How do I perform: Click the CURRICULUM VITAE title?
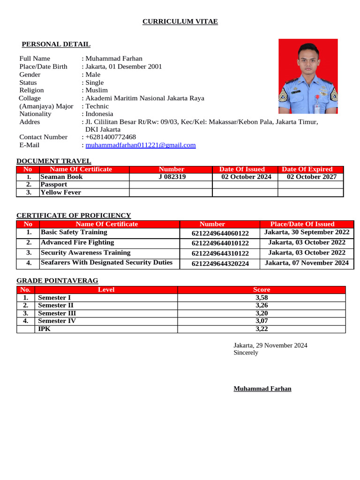point(180,22)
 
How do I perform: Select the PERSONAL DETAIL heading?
point(56,44)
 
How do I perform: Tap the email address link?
point(140,145)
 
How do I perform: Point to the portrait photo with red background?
point(308,76)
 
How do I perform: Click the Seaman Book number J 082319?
point(172,177)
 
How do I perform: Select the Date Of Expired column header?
point(307,169)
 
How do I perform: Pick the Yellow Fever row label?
point(60,192)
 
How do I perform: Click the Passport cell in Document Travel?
point(54,185)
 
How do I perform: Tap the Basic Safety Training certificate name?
point(74,232)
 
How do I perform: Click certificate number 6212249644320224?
point(220,263)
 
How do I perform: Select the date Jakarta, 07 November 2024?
point(307,263)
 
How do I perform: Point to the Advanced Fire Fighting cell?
point(77,242)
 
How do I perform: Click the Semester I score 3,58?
point(262,298)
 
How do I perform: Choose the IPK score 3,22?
point(262,329)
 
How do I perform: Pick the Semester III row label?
point(57,313)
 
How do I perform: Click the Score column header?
point(262,290)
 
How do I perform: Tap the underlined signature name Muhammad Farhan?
point(262,389)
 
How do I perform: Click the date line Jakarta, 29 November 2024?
point(270,345)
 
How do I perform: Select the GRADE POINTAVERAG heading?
point(57,281)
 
